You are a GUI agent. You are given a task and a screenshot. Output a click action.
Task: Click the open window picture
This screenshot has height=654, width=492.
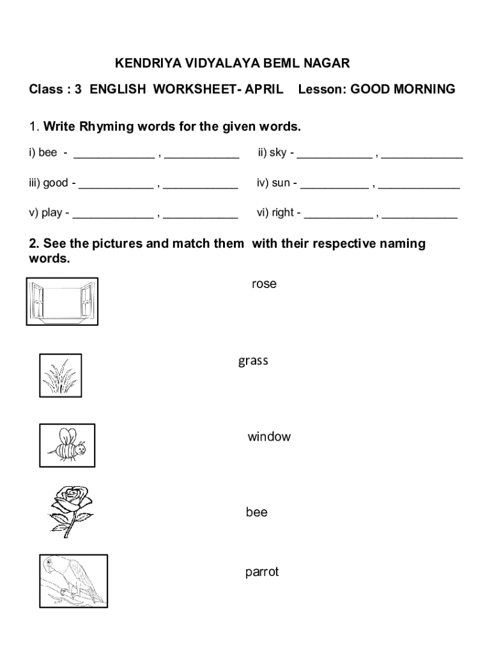(x=62, y=301)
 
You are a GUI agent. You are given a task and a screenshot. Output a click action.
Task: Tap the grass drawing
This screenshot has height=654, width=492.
(x=60, y=375)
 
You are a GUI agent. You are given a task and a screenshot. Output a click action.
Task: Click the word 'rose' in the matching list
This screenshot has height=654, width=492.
(x=264, y=284)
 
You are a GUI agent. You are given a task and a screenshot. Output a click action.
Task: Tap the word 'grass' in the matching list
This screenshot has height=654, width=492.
(x=253, y=361)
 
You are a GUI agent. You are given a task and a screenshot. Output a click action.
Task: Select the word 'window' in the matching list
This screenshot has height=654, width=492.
(x=269, y=437)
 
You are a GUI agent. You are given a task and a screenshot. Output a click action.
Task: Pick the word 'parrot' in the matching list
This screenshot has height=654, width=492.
(x=262, y=572)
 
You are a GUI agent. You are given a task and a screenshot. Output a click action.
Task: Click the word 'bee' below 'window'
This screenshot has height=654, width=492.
(x=256, y=512)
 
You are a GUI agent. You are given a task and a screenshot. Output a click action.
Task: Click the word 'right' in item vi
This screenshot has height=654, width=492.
(x=282, y=213)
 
